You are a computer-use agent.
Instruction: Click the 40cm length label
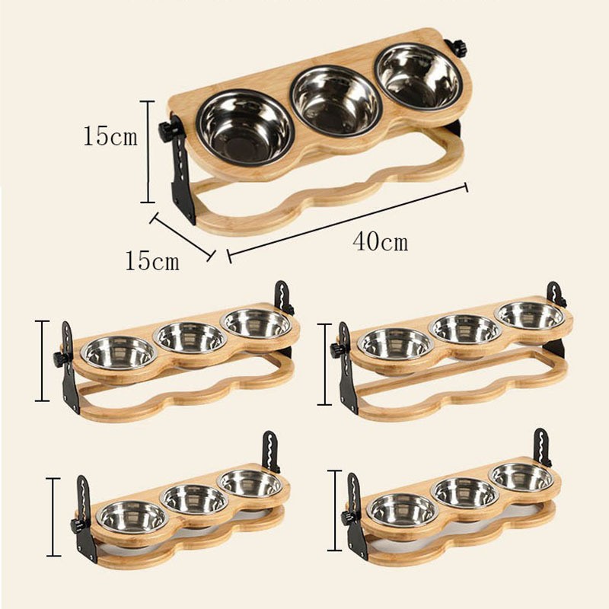tap(380, 242)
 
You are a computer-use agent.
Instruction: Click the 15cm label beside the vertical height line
tap(110, 137)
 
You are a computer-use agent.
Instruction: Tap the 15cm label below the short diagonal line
tap(153, 261)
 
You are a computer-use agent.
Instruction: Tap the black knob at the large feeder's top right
tap(458, 46)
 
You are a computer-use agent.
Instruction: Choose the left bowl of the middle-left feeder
tap(120, 352)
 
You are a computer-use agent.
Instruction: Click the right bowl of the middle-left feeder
tap(257, 323)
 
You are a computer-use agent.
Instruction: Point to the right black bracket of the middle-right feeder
tap(555, 296)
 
